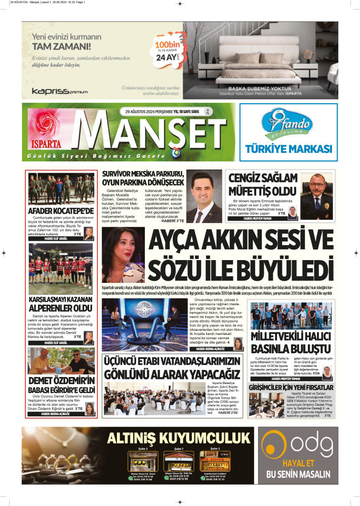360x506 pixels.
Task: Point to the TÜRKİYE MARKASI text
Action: point(288,149)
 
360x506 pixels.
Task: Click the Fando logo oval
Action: point(288,125)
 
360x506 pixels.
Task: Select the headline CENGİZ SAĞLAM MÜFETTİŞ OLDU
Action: point(262,185)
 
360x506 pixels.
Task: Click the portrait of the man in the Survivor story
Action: point(206,196)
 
